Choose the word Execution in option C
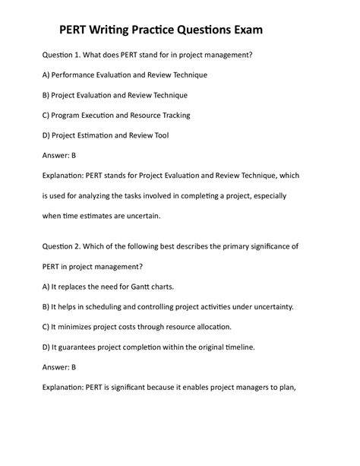pyautogui.click(x=109, y=115)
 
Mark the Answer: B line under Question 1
pyautogui.click(x=58, y=155)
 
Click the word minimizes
pyautogui.click(x=77, y=327)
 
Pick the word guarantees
pyautogui.click(x=82, y=347)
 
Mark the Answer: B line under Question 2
pyautogui.click(x=58, y=366)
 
